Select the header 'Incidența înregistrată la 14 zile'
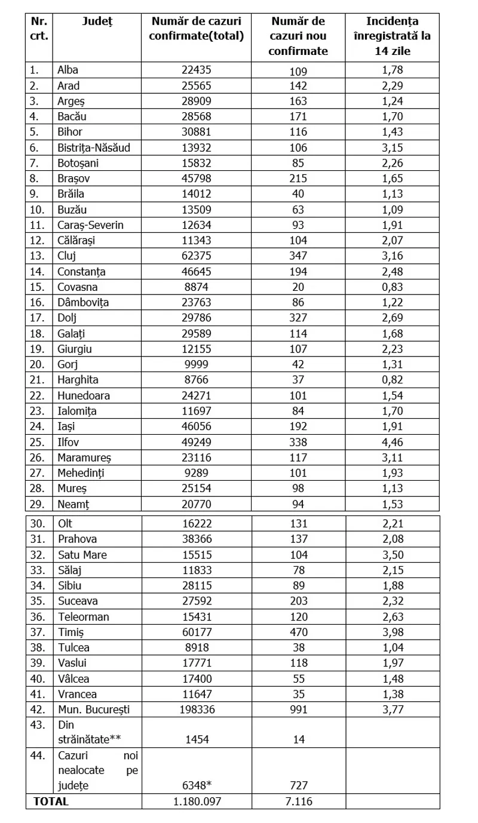click(393, 36)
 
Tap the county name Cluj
click(67, 256)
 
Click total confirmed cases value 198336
click(197, 710)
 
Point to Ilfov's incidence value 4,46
click(393, 442)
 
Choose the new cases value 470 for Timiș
click(298, 632)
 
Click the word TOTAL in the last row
click(51, 801)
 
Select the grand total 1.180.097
click(197, 801)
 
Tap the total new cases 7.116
click(298, 801)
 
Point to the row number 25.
click(37, 442)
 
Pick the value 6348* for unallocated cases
click(197, 785)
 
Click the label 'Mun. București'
click(93, 710)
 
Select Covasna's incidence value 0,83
click(393, 287)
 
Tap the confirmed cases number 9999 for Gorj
click(197, 364)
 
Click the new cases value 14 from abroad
click(298, 739)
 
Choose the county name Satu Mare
click(82, 554)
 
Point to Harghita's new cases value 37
click(298, 380)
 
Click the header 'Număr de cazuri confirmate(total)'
click(197, 29)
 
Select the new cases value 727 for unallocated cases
click(298, 785)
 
